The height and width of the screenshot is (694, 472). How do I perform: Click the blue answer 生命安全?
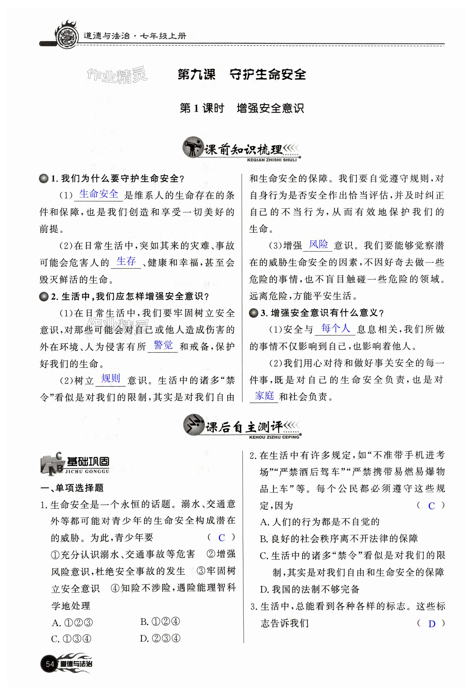(x=99, y=194)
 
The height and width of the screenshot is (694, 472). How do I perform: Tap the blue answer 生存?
(x=126, y=261)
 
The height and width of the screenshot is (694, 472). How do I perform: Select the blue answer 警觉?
(x=163, y=345)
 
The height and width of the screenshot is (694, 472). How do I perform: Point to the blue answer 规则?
(x=110, y=379)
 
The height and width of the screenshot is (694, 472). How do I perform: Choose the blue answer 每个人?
(x=335, y=328)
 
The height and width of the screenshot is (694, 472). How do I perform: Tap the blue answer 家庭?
(x=264, y=396)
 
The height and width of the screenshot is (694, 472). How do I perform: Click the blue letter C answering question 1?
(x=221, y=538)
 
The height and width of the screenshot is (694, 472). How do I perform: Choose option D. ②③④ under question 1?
(x=160, y=639)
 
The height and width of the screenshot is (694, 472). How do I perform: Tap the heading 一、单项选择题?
(x=72, y=488)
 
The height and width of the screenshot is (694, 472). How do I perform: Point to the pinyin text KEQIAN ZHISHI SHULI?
(x=272, y=160)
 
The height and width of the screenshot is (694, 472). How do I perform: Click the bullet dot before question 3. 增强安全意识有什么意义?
(x=254, y=313)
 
